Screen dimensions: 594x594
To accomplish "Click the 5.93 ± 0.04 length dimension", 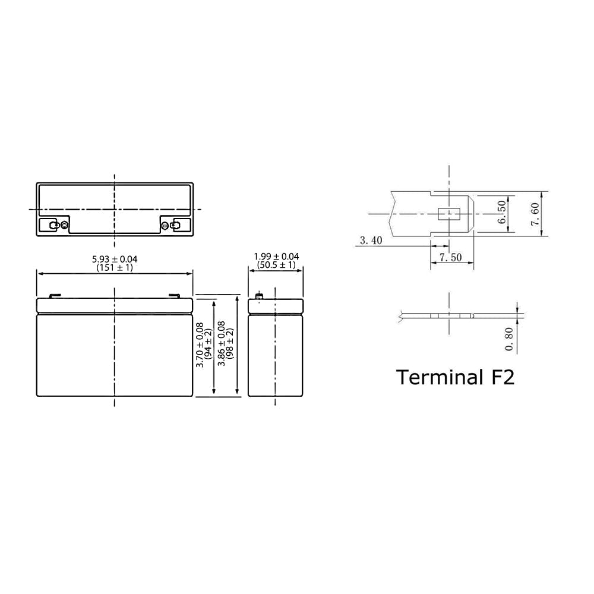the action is click(x=115, y=259).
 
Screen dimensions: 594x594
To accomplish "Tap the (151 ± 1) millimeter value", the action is click(x=115, y=267).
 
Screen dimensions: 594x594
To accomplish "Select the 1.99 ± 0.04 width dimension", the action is click(x=276, y=257).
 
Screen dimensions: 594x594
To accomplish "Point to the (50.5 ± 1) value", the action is click(x=276, y=265).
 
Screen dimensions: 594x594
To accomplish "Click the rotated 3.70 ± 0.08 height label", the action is click(x=200, y=345).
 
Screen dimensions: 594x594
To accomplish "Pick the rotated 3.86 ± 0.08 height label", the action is click(x=222, y=343).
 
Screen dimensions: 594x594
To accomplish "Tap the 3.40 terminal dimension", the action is click(x=371, y=240).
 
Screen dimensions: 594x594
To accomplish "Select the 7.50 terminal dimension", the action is click(x=450, y=257).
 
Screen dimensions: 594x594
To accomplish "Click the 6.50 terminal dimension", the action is click(x=501, y=212).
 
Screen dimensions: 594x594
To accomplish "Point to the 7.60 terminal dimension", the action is click(x=535, y=214).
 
